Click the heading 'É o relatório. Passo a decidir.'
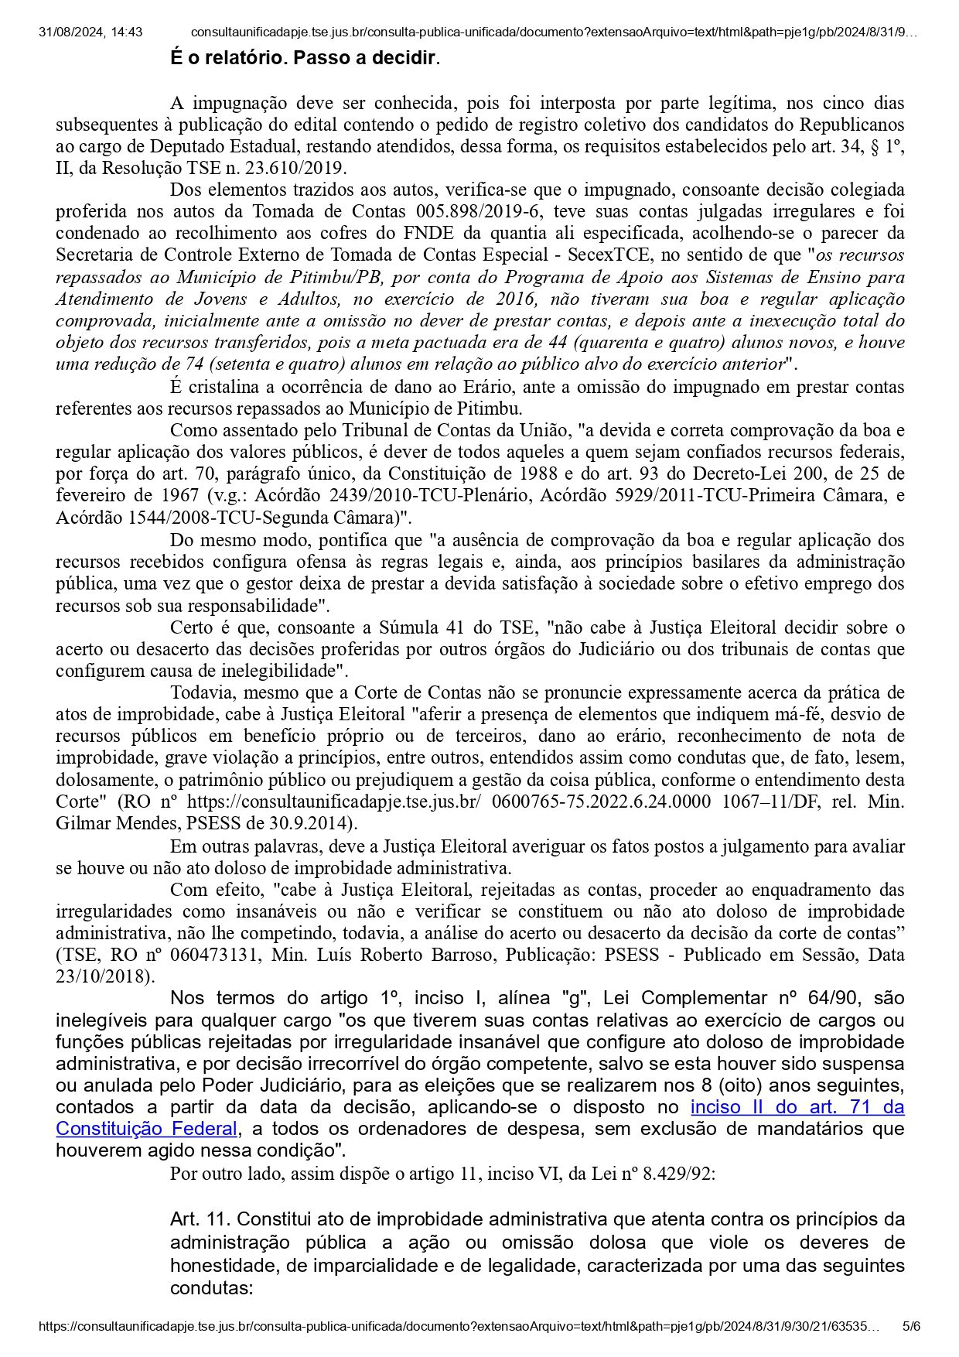[305, 58]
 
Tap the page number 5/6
[912, 1326]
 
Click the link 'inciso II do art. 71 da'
[797, 1106]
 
